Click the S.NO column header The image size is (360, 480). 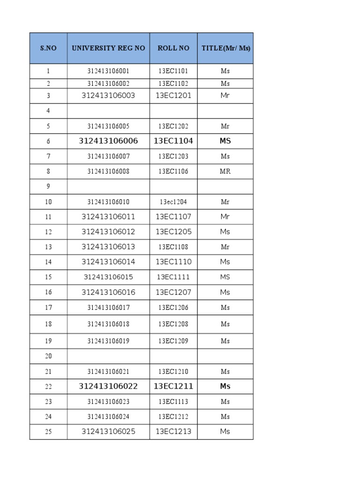pos(48,48)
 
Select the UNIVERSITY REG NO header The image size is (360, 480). pos(108,48)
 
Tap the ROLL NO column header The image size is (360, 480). pos(173,48)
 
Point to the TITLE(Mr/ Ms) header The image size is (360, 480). pos(225,48)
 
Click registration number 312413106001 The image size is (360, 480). pos(108,71)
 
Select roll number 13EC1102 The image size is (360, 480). pos(173,83)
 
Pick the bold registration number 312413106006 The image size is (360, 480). pos(108,141)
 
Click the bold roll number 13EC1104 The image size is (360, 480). pos(173,141)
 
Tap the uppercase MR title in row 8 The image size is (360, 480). pos(225,172)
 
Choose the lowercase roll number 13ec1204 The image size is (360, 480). pos(173,202)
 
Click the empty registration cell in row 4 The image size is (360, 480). pos(108,111)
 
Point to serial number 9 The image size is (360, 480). pos(48,187)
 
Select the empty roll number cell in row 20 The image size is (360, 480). pos(173,356)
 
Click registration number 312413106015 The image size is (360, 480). pos(108,277)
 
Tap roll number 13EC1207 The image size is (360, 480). pos(173,292)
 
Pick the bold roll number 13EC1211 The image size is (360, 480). pos(173,386)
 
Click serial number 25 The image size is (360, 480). pos(48,432)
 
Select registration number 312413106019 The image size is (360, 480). pos(108,341)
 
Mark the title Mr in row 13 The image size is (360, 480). pos(225,247)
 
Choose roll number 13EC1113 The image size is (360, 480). pos(173,402)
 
